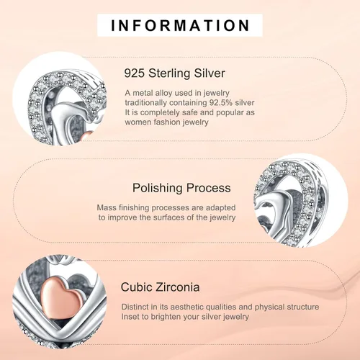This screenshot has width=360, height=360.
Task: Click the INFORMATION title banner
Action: click(x=180, y=25)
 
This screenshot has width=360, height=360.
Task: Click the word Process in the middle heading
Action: click(x=208, y=188)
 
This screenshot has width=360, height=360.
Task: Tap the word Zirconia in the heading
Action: click(x=178, y=287)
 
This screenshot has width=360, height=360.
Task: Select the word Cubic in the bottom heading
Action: click(x=136, y=287)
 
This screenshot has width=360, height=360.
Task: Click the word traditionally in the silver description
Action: click(x=146, y=103)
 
